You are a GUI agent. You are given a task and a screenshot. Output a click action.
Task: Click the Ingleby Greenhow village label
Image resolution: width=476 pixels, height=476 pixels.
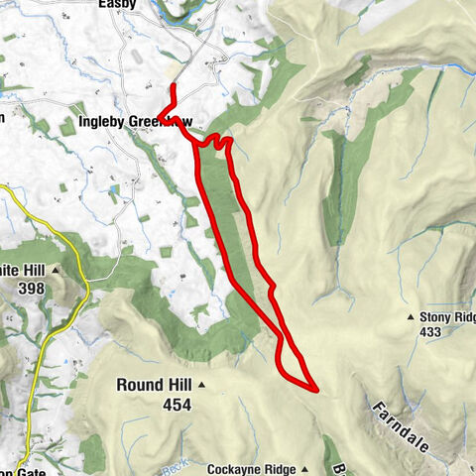(x=134, y=123)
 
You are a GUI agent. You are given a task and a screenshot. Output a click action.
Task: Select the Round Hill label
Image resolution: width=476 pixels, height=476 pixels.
(x=154, y=385)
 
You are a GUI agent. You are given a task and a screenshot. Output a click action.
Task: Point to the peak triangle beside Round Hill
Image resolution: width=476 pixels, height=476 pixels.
(x=201, y=385)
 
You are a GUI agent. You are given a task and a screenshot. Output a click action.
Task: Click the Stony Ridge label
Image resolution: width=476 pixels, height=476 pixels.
(x=448, y=317)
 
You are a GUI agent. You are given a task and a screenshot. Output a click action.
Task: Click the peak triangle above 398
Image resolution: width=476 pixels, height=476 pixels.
(x=57, y=270)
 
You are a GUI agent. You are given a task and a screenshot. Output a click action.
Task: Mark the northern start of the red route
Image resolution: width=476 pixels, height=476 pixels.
(x=174, y=87)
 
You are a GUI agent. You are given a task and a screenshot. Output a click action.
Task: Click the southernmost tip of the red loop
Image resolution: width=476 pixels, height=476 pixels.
(x=315, y=389)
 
